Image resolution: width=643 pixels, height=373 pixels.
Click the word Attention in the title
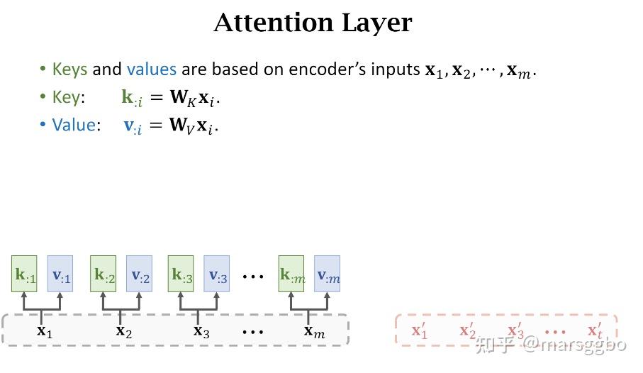274,23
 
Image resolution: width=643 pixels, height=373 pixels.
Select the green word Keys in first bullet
69,69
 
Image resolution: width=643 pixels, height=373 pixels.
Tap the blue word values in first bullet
151,69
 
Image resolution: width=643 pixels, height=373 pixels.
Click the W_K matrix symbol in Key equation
184,98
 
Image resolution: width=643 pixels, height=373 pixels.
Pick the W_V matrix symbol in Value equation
181,125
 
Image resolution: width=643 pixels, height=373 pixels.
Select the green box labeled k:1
24,274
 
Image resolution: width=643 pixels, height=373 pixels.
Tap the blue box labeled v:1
60,274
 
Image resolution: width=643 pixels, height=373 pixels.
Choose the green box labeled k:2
103,274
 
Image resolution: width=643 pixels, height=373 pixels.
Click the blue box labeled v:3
216,274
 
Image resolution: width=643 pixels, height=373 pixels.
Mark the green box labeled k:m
291,274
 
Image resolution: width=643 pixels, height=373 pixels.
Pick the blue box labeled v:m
328,274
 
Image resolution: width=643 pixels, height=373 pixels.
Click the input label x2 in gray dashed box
124,330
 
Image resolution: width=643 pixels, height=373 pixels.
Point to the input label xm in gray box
315,330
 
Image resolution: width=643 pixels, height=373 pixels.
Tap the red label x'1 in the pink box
420,330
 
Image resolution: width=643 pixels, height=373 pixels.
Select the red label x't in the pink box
595,330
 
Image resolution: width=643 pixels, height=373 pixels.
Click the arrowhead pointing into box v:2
139,295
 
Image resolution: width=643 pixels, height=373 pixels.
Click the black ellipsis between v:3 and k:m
252,277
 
